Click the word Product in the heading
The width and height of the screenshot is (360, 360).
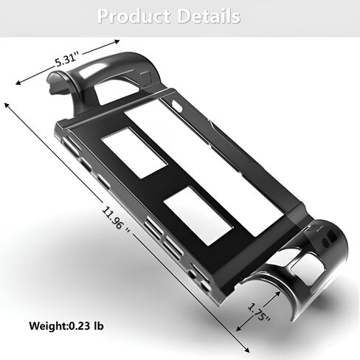coord(134,16)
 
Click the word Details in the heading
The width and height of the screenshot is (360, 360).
coord(209,16)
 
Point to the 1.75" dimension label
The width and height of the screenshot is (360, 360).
coord(258,312)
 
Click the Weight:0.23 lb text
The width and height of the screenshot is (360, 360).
coord(66,326)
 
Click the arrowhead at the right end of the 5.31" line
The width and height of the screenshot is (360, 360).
coord(117,41)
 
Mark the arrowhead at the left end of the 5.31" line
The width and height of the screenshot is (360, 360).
coord(18,83)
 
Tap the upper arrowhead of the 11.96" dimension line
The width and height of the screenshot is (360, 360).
coord(7,105)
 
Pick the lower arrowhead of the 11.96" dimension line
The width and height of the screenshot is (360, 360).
coord(246,350)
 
